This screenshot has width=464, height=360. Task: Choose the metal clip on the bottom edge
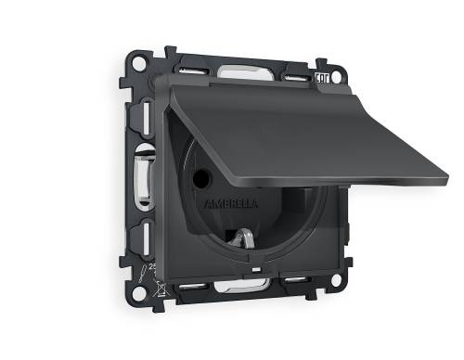coord(243,285)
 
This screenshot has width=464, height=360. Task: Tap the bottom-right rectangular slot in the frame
coord(297,281)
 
